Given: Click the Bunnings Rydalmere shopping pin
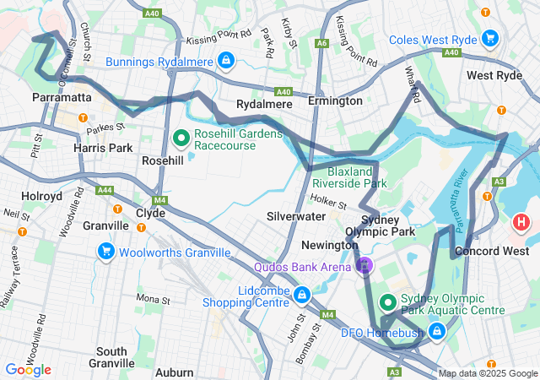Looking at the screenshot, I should (x=226, y=61).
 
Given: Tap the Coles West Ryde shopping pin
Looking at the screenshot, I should (x=490, y=39).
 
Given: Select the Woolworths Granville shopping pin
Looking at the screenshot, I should (x=105, y=252).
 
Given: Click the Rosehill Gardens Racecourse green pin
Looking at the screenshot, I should (x=181, y=138).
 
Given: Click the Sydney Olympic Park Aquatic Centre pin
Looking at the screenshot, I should (x=388, y=301).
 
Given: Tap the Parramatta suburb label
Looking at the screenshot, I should (x=61, y=98).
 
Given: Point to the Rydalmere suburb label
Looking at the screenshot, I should (x=264, y=104).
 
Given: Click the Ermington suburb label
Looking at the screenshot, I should (x=334, y=101).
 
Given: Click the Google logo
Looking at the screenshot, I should (x=28, y=369).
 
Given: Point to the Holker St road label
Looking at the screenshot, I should (x=328, y=203).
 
